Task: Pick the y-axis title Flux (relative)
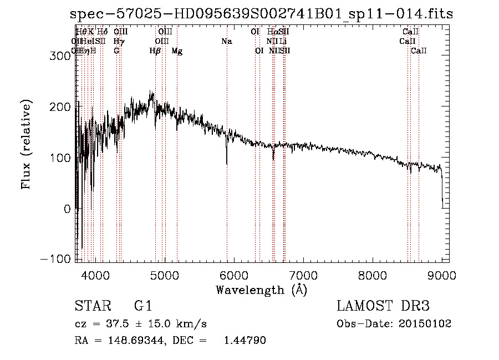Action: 27,144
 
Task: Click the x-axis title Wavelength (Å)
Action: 261,290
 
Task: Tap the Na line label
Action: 226,41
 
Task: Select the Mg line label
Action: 177,51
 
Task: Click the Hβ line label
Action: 155,51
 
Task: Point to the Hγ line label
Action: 118,41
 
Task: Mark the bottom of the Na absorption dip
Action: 227,164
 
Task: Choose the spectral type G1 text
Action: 142,306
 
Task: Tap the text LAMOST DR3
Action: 383,306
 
